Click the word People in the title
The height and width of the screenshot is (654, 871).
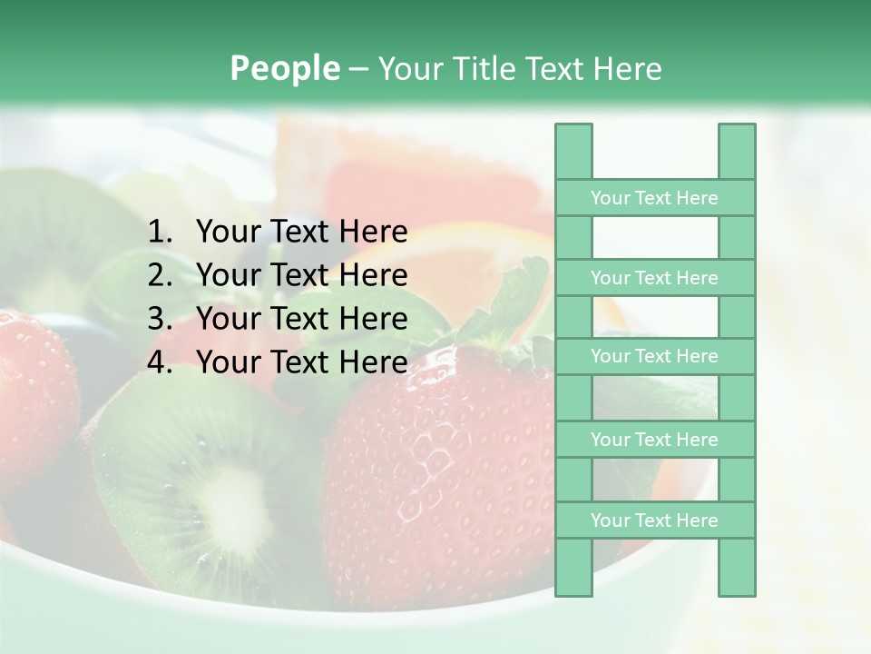284,68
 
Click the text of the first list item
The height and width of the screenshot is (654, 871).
301,233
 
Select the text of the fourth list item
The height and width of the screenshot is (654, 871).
301,363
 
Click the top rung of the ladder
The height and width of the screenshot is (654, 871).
654,198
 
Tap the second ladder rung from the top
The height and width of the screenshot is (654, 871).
654,278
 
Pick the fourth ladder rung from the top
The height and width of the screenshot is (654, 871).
654,440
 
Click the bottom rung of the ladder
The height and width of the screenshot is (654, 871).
654,520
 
